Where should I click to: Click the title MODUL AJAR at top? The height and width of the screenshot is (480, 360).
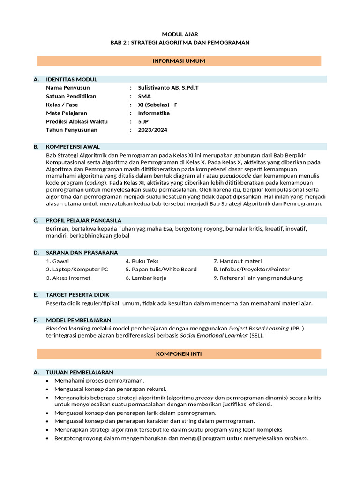click(180, 34)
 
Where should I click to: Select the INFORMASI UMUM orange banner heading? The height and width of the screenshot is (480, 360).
click(179, 61)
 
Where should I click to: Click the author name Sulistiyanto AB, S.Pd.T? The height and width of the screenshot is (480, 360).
click(165, 88)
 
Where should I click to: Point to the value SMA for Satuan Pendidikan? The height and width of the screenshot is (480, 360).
click(144, 96)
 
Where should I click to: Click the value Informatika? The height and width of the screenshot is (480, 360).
click(154, 113)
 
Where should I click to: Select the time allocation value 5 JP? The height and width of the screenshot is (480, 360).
click(143, 121)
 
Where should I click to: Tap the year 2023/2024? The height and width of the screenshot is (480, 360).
click(152, 130)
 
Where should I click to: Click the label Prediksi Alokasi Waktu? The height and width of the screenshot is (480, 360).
click(77, 121)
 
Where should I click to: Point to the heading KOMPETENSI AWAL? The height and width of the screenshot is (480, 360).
click(73, 147)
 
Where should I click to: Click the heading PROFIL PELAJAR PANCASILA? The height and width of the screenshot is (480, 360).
click(83, 220)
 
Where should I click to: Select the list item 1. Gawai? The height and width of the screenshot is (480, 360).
click(57, 261)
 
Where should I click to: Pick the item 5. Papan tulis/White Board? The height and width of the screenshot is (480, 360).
click(161, 270)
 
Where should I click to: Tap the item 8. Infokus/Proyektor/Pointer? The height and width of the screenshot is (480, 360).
click(251, 270)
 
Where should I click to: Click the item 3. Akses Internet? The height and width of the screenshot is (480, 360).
click(68, 278)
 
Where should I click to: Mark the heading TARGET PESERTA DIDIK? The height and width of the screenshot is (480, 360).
click(77, 295)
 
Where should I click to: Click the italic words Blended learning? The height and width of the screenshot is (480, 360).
click(68, 329)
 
